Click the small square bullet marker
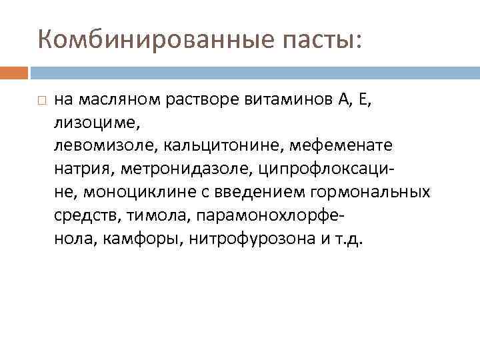[x=41, y=101]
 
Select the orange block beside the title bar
[x=14, y=72]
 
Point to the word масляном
[x=111, y=101]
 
